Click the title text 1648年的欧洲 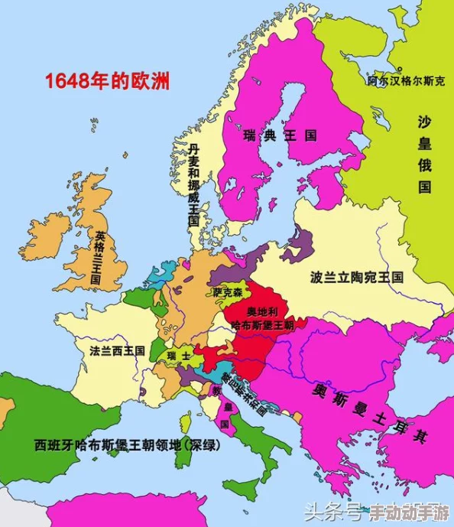pos(106,80)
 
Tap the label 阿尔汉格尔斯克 pos(405,80)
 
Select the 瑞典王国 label pos(280,135)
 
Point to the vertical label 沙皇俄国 pos(425,154)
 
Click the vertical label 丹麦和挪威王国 pos(194,184)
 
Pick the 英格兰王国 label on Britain pos(97,259)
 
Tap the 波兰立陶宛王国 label pos(356,277)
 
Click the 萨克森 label pos(228,292)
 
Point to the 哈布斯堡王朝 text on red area pos(262,325)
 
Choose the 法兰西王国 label pos(117,350)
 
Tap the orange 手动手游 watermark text pos(409,511)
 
